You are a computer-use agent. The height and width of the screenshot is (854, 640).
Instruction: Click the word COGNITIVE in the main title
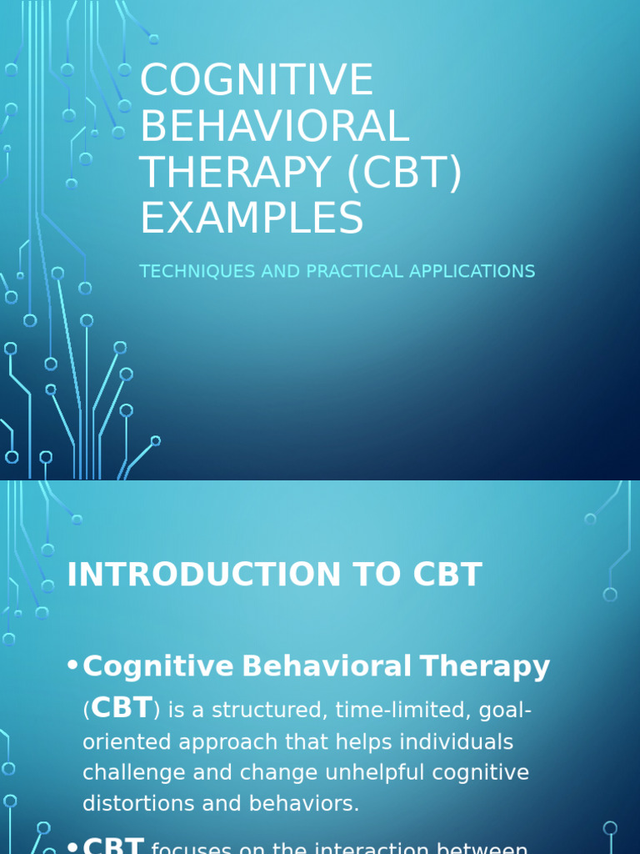(x=257, y=81)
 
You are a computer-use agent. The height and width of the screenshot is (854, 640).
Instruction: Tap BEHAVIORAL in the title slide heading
(x=274, y=126)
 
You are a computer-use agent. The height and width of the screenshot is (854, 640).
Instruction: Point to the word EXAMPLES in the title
(x=252, y=218)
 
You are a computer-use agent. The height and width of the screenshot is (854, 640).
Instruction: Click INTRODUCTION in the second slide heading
(x=198, y=575)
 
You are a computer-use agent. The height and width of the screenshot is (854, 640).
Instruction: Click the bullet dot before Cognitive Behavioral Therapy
(x=72, y=666)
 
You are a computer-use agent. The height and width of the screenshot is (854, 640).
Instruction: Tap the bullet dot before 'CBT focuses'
(x=72, y=847)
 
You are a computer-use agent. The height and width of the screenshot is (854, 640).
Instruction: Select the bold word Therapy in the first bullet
(x=484, y=666)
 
